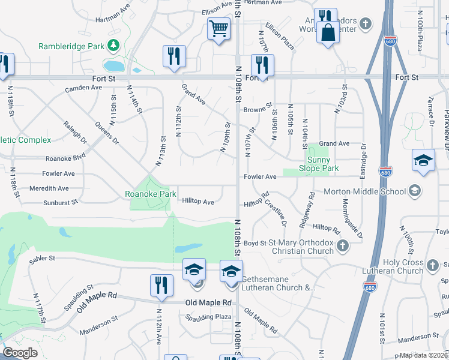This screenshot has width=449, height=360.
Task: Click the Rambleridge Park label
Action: pos(71,46)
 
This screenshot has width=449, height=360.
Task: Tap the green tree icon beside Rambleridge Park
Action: pos(112,46)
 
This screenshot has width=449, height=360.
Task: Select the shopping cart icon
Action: pos(218,28)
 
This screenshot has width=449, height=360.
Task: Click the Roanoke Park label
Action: pos(150,194)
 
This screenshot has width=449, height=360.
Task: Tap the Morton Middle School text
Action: pos(364,192)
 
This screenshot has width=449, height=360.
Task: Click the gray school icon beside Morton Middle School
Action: pos(414,191)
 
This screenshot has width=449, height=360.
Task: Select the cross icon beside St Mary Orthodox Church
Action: pos(343,245)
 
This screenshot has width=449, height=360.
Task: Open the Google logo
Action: pos(20,353)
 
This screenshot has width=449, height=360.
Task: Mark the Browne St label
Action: pos(258,110)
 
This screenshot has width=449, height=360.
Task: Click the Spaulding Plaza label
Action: pos(208,316)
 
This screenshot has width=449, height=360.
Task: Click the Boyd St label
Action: pos(255,243)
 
